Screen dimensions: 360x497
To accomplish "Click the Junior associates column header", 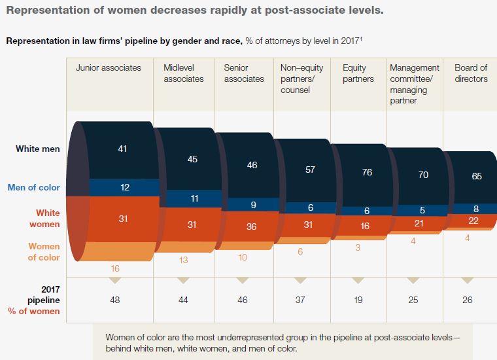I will click(109, 67).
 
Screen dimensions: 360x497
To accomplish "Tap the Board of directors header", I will click(471, 73).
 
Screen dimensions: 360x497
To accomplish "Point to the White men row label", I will click(38, 149).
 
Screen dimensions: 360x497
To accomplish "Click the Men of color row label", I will click(34, 187).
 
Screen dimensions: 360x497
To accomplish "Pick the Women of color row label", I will click(44, 252).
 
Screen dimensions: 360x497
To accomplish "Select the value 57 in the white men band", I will click(310, 170).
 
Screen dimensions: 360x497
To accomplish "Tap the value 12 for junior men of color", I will click(124, 188).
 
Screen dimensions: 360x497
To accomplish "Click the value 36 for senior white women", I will click(252, 228).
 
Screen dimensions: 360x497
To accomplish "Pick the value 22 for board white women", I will click(474, 221).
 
